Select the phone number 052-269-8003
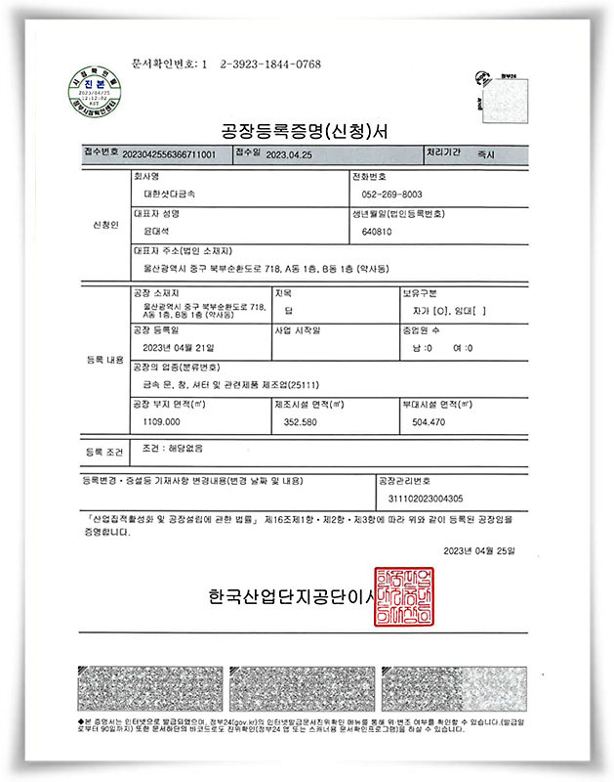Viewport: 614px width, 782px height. click(390, 195)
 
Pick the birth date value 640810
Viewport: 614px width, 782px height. click(376, 232)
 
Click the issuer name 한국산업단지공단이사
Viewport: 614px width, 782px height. click(291, 595)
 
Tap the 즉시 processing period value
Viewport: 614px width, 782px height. click(485, 154)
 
